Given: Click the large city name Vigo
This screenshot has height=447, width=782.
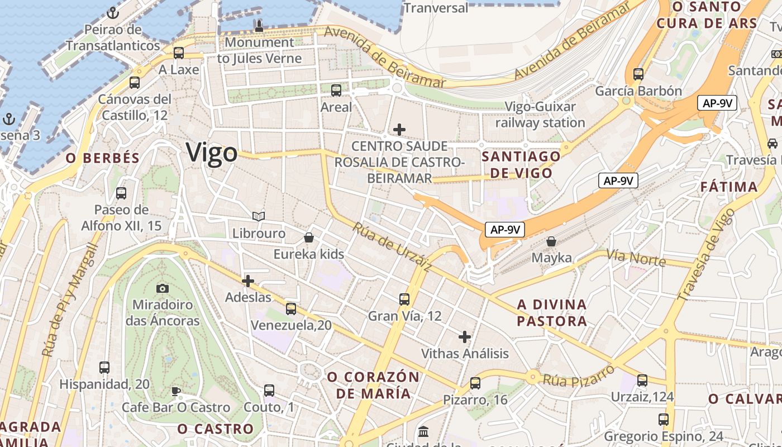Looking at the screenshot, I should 212,153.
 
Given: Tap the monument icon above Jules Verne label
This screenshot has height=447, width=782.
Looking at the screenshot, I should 259,26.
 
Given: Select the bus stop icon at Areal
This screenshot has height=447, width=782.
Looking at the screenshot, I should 336,90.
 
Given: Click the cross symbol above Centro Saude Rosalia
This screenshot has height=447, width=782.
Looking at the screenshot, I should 399,130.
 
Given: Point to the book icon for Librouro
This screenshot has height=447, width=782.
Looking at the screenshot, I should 258,216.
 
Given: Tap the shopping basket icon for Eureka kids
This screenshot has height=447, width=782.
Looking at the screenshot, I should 308,237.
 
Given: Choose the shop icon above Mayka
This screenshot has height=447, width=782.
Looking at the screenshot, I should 551,241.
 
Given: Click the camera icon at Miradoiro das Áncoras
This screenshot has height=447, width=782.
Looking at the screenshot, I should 163,288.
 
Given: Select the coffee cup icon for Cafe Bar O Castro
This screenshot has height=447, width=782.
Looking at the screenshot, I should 176,391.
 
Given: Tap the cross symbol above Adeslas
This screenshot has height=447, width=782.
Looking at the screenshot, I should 248,280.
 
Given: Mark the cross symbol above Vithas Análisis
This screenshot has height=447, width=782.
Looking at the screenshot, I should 464,337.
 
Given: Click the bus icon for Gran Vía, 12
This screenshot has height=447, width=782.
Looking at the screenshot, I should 404,299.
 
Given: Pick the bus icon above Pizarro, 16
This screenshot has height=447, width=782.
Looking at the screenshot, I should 475,383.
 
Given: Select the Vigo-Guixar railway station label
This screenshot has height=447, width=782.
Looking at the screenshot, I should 540,115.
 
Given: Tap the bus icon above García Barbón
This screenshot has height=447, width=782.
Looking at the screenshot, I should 638,74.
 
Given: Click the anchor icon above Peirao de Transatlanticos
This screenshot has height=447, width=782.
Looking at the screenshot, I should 113,12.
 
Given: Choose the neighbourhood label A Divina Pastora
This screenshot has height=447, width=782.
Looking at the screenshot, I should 552,313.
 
